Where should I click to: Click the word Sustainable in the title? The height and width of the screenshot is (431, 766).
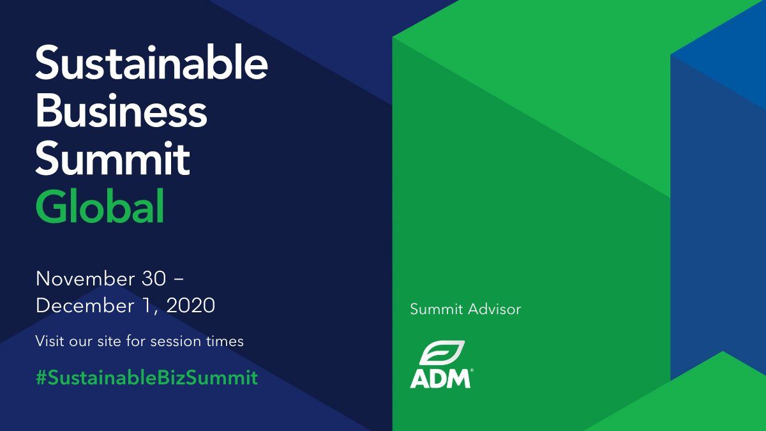pos(151,63)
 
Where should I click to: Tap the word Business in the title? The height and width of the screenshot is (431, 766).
pos(121,110)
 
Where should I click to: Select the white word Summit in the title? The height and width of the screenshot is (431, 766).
pos(113,158)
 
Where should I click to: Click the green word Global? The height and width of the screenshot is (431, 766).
pos(100,206)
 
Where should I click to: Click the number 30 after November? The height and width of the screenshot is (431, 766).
pos(154,278)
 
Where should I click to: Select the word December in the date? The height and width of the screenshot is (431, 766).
pos(85,305)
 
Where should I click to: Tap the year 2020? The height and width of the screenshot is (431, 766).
pos(191,305)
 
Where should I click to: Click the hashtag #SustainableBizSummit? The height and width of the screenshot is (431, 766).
pos(147,377)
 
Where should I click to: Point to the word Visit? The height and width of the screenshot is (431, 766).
pos(49,341)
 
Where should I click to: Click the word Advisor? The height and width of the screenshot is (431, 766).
pos(495,309)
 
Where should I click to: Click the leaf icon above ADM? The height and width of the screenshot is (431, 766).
pos(442,352)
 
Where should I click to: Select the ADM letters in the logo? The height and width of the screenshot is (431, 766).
pos(440,378)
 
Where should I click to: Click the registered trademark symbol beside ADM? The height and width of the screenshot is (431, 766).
pos(472,370)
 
